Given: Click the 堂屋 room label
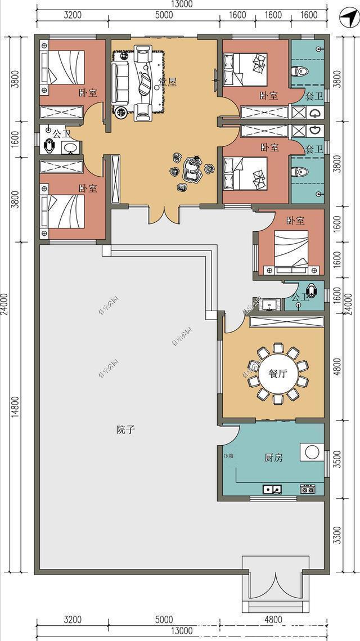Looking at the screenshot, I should tap(167, 82).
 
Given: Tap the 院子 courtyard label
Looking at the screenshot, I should tap(125, 429).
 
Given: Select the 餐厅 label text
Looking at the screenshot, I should tap(278, 374).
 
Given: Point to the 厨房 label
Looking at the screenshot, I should tap(273, 458).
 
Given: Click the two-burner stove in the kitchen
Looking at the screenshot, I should tap(307, 489).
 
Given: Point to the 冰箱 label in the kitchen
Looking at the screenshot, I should tap(228, 456).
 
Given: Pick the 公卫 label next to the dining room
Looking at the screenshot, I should tap(300, 297).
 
